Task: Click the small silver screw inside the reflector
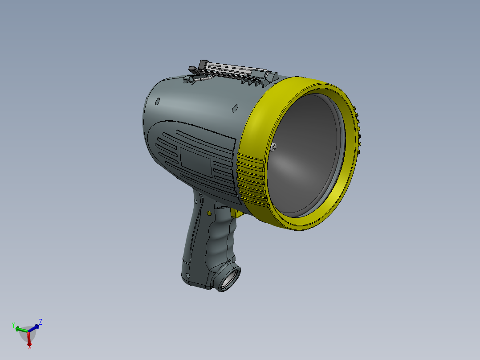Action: (273, 147)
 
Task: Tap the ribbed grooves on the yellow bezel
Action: (251, 178)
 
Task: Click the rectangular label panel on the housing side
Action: (196, 160)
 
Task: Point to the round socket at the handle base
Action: (229, 278)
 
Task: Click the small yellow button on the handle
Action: (208, 213)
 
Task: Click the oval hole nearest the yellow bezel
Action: (235, 108)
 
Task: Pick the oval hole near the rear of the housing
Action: (157, 102)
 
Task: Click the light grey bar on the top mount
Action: (232, 69)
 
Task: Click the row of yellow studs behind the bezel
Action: (357, 129)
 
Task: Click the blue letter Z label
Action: (41, 321)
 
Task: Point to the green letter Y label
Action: (13, 325)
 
